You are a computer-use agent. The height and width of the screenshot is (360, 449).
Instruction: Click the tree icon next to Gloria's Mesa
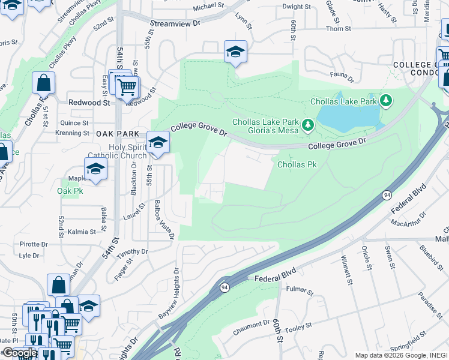(308, 125)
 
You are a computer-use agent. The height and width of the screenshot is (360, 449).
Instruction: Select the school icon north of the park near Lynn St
(235, 52)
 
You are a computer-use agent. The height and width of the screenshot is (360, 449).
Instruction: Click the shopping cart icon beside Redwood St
(127, 88)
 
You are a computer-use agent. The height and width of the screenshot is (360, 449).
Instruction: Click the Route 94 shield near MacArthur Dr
(387, 196)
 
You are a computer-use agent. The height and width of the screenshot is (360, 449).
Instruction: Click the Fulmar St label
(300, 292)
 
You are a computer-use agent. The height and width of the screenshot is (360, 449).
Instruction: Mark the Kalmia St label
(82, 232)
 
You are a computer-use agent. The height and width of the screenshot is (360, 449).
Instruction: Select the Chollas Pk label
(297, 164)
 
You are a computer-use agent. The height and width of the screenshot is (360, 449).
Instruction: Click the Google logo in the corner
(19, 353)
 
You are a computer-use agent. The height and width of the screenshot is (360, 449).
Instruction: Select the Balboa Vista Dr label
(164, 220)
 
